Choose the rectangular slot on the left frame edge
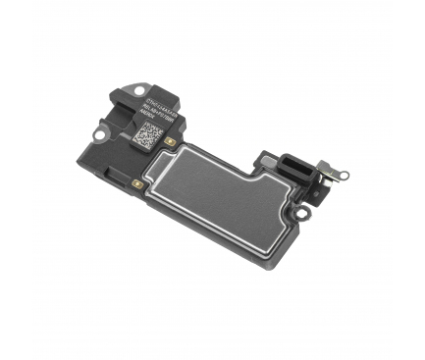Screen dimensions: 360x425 [x=132, y=183]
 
